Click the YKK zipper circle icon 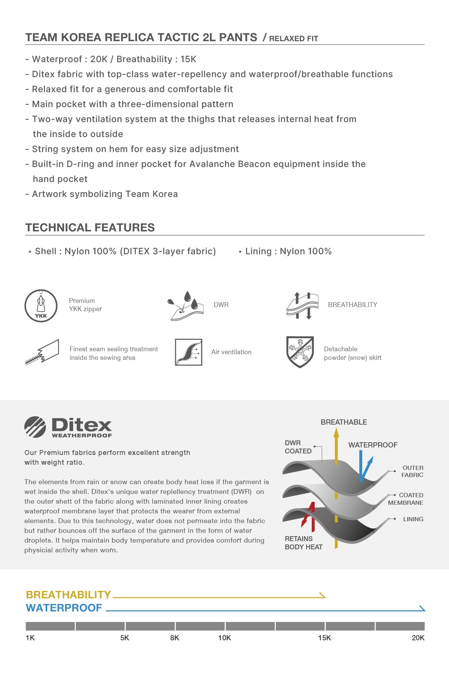tap(41, 306)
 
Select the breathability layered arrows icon tap(302, 306)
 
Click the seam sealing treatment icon tap(42, 352)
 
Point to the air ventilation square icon tap(189, 352)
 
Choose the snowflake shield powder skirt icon tap(300, 352)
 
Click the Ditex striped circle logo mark tap(35, 427)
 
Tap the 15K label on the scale tap(324, 638)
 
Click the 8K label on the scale tap(174, 638)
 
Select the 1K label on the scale tap(30, 638)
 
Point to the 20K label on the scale tap(418, 638)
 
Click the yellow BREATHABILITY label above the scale tap(68, 595)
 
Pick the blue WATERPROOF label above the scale tap(64, 608)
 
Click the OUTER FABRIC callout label tap(412, 471)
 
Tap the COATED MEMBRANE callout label tap(406, 499)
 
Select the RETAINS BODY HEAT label tap(303, 543)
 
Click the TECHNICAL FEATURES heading tap(90, 227)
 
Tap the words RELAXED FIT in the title tap(293, 39)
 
